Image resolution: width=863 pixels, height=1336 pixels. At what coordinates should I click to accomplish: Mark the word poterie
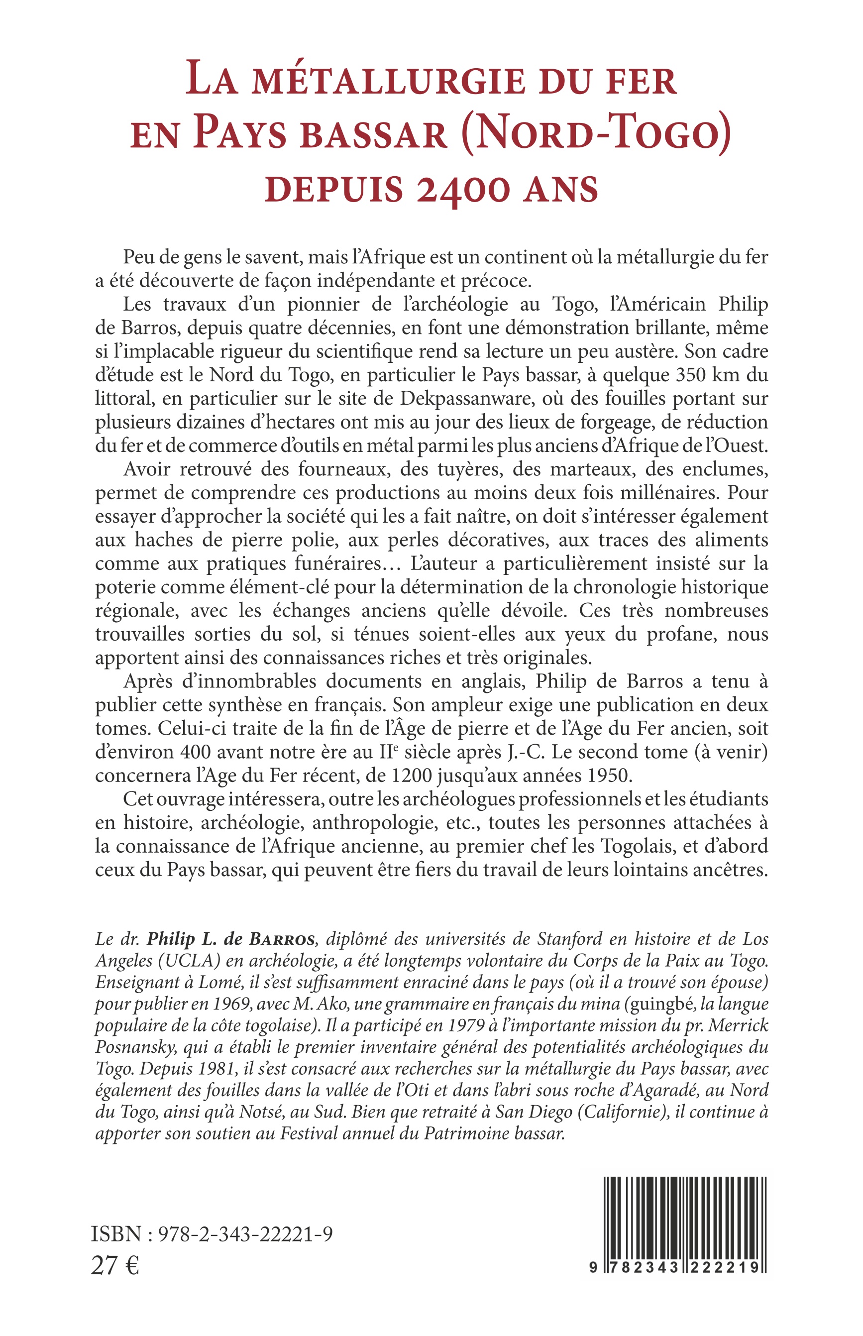(124, 587)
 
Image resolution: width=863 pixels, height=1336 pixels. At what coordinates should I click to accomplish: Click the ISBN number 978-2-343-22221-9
(245, 1233)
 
